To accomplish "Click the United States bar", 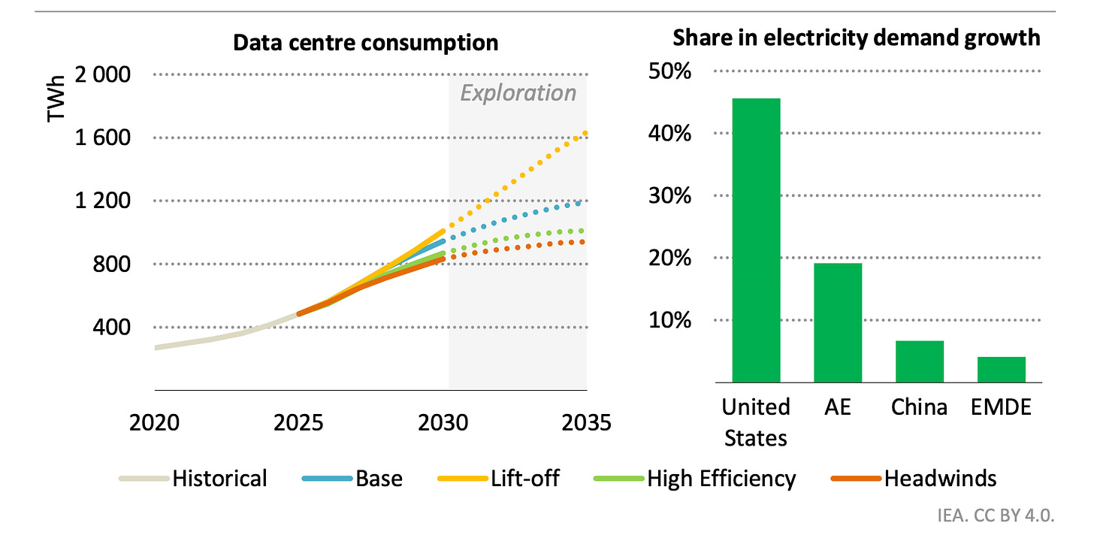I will [756, 240].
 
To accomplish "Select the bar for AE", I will [838, 323].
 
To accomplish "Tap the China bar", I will [920, 361].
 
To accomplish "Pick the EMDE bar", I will [1001, 370].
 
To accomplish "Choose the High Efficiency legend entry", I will [721, 479].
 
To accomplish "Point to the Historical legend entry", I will [219, 479].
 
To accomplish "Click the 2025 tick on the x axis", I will [299, 422].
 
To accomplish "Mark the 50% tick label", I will [671, 73].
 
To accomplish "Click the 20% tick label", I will [671, 259].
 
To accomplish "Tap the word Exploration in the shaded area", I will [518, 93].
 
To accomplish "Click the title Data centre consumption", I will [365, 43].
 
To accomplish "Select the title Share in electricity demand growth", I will [856, 38].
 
